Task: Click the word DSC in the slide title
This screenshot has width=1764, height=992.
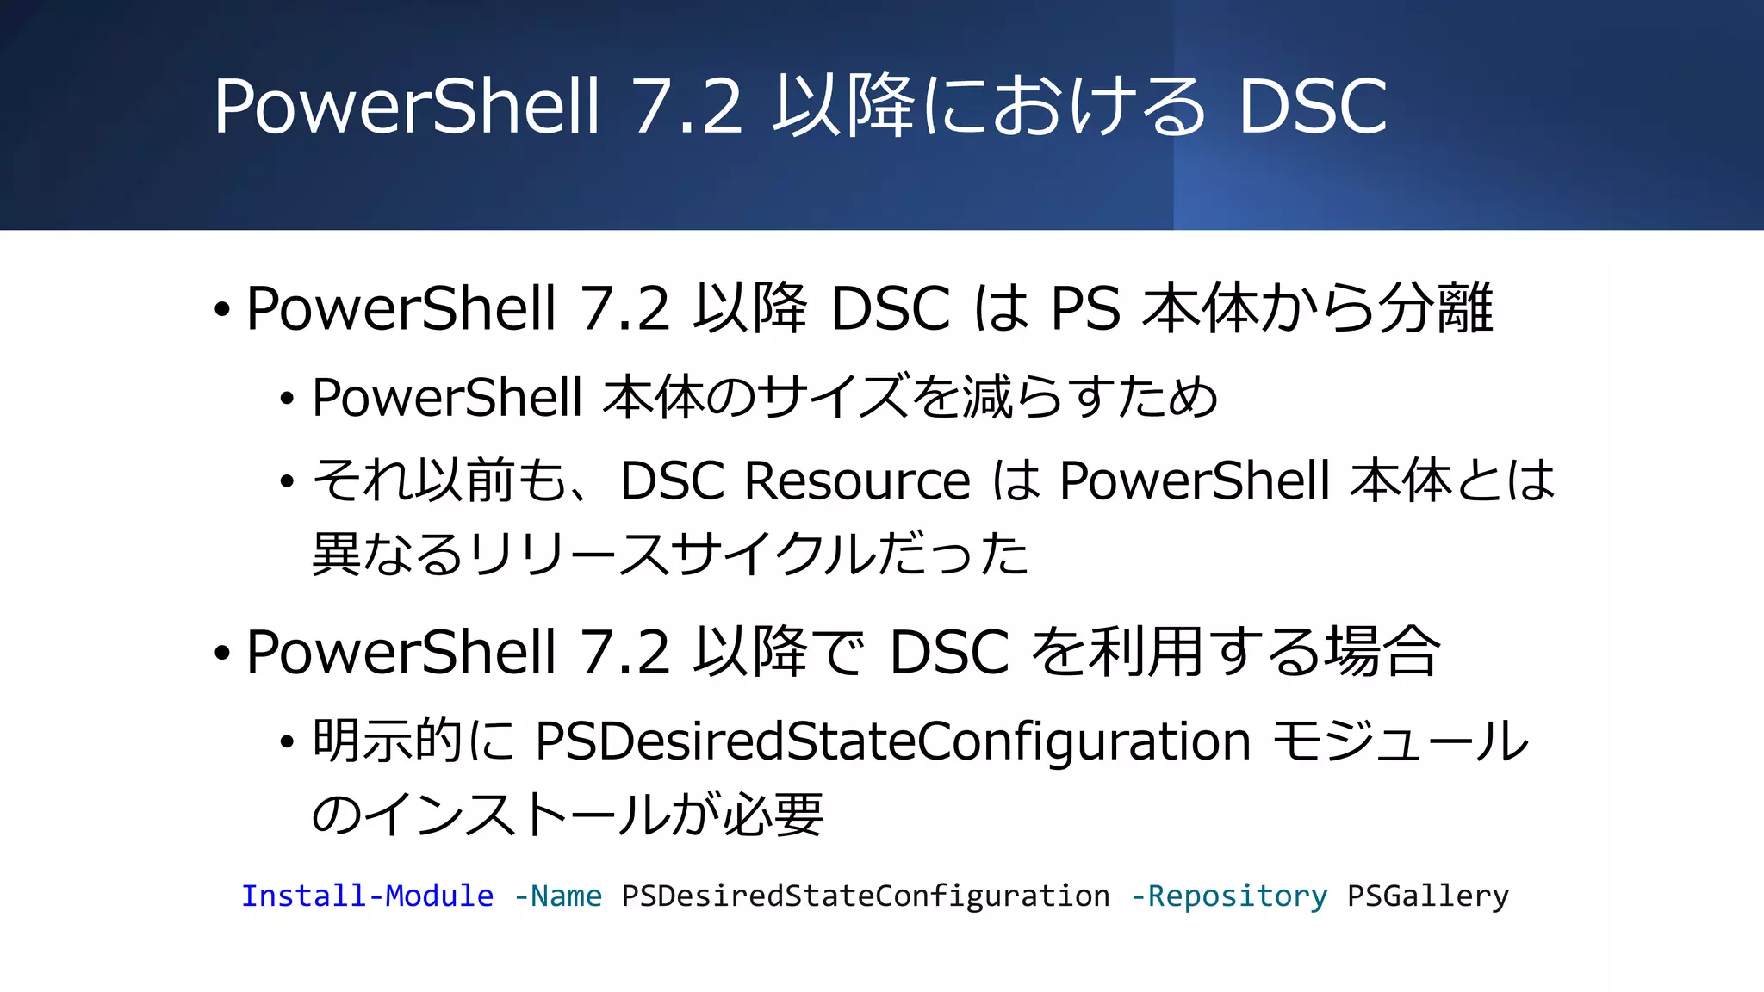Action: tap(1313, 107)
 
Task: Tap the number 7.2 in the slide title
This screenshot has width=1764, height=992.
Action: tap(687, 107)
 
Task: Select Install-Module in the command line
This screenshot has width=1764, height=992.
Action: tap(367, 896)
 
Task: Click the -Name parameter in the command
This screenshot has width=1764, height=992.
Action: tap(557, 896)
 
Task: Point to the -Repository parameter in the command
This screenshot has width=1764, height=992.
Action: tap(1228, 896)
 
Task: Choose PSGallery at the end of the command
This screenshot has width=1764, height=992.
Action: tap(1427, 896)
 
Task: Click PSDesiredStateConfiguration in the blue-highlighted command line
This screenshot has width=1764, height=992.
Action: tap(865, 896)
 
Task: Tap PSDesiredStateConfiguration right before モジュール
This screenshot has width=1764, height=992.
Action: tap(892, 741)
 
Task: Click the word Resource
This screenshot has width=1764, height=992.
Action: tap(857, 480)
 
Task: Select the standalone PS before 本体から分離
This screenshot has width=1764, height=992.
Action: tap(1085, 308)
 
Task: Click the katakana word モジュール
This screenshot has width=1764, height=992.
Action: tap(1400, 741)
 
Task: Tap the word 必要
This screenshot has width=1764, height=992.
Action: tap(773, 815)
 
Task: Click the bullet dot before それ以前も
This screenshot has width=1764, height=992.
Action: tap(288, 482)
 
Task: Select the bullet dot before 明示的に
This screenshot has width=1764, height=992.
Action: tap(288, 743)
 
